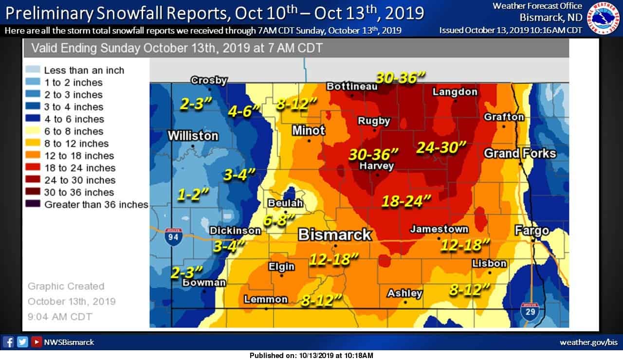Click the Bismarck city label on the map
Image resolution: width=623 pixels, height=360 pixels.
click(334, 235)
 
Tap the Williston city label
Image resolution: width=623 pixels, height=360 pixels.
click(193, 136)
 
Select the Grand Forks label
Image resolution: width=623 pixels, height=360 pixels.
click(519, 154)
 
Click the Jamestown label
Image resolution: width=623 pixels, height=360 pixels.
click(439, 229)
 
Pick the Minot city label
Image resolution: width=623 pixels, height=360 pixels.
click(308, 130)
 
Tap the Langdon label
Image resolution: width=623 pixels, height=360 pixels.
click(455, 91)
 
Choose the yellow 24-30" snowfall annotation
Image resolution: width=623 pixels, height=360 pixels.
click(441, 147)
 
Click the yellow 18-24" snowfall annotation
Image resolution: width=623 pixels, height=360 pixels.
click(406, 200)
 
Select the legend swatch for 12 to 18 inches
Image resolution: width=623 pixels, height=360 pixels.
click(35, 156)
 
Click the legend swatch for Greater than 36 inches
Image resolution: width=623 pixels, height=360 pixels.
click(35, 204)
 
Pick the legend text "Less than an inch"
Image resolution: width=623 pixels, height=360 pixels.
click(84, 71)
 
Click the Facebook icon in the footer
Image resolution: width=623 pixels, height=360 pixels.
click(8, 342)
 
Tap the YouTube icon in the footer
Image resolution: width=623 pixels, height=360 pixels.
click(36, 342)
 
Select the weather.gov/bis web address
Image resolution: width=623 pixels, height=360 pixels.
click(588, 342)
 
